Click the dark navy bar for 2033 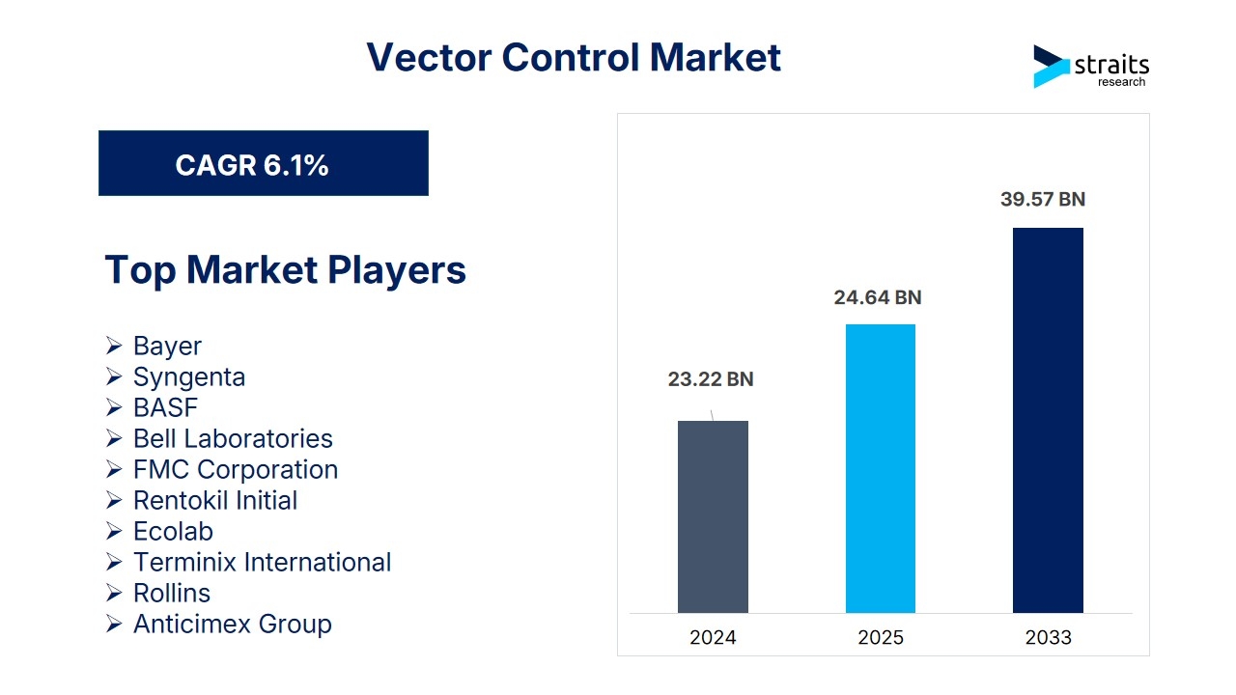point(1048,420)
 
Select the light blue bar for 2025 point(880,468)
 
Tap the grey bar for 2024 point(713,516)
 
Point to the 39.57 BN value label point(1043,199)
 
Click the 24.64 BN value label point(878,297)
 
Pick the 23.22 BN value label point(711,379)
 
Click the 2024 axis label point(713,637)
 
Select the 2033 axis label point(1049,637)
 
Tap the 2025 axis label point(881,637)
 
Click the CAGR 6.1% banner point(264,163)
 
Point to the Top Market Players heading point(285,269)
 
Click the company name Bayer point(167,347)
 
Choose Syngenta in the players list point(189,377)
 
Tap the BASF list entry point(165,407)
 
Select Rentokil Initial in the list point(215,500)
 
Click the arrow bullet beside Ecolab point(114,531)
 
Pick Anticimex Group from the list point(233,625)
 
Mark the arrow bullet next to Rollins point(114,593)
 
